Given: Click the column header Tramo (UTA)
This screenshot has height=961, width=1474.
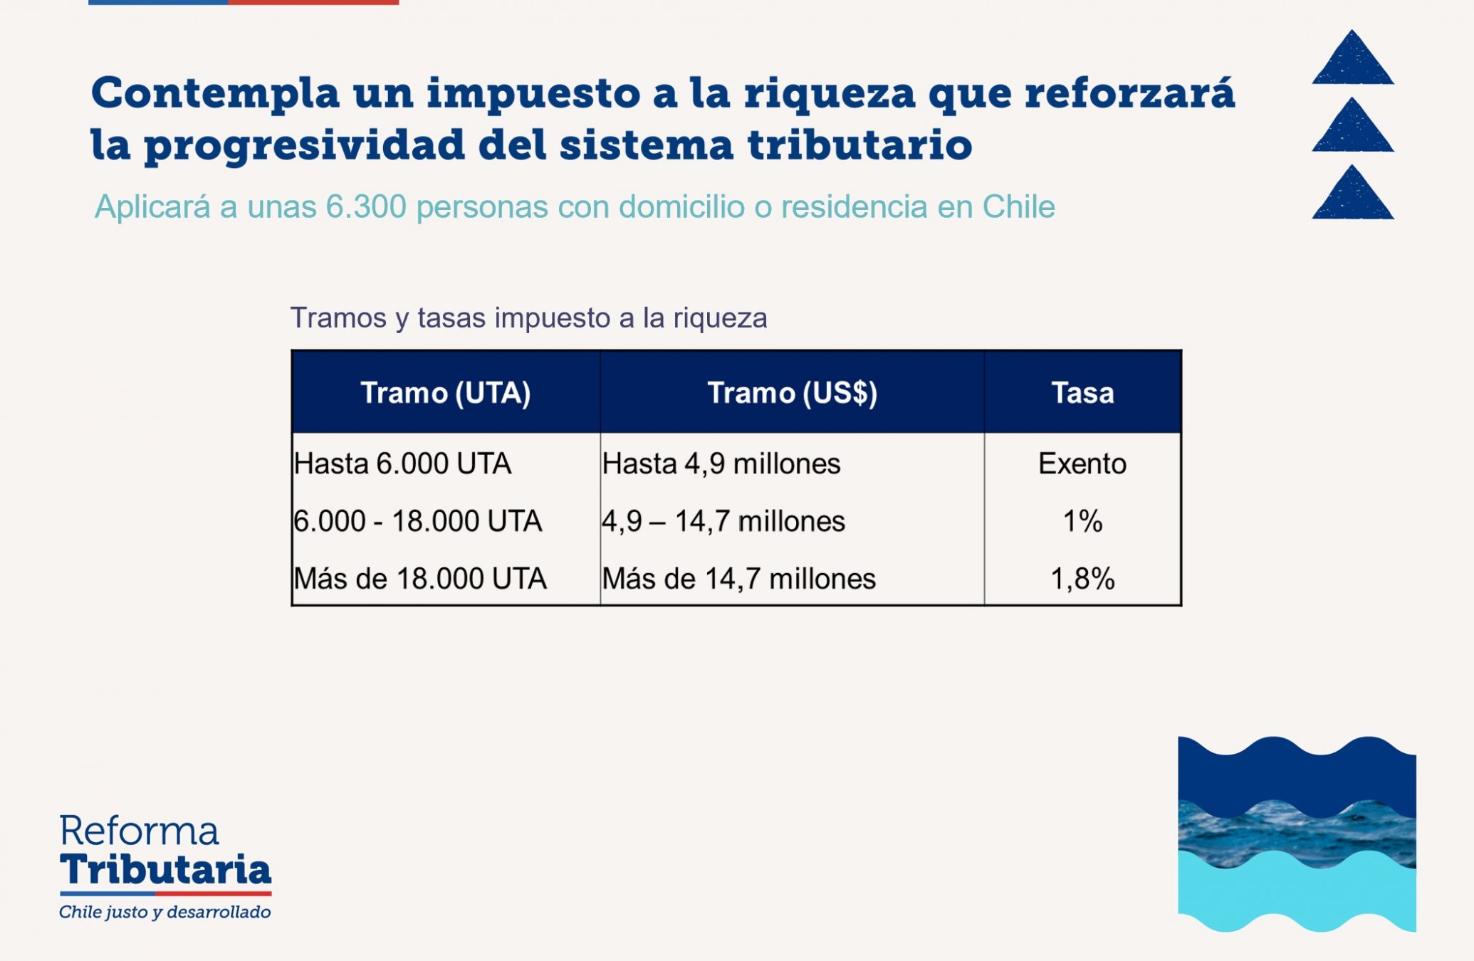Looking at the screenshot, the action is click(x=446, y=393).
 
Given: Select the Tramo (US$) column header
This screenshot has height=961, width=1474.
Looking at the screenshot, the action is click(x=792, y=393).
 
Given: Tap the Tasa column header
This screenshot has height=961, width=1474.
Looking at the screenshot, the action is click(x=1082, y=393).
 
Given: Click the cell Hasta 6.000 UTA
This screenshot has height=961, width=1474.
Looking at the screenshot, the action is click(x=402, y=463).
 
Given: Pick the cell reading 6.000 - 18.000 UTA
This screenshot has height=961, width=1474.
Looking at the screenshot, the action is click(x=418, y=521).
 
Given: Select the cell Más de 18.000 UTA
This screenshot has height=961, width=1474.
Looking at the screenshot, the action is click(x=420, y=579).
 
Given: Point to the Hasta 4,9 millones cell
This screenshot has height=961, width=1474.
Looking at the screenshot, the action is click(x=721, y=464).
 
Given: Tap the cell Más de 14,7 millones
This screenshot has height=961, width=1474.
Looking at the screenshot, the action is click(x=739, y=579).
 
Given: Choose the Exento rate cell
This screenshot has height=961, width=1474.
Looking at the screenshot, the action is click(x=1082, y=463).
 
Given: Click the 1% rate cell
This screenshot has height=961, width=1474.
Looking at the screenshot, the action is click(x=1082, y=521).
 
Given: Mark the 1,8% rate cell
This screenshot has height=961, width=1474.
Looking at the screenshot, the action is click(x=1082, y=579).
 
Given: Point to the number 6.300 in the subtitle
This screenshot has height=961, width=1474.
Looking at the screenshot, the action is click(x=366, y=206).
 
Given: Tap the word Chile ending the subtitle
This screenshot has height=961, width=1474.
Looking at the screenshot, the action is click(x=1019, y=206).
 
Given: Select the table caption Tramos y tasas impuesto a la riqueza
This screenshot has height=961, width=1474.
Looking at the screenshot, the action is click(x=528, y=317).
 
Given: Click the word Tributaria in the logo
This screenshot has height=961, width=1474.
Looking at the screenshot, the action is click(x=165, y=869).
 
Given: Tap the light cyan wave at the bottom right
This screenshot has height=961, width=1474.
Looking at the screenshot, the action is click(x=1297, y=893).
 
